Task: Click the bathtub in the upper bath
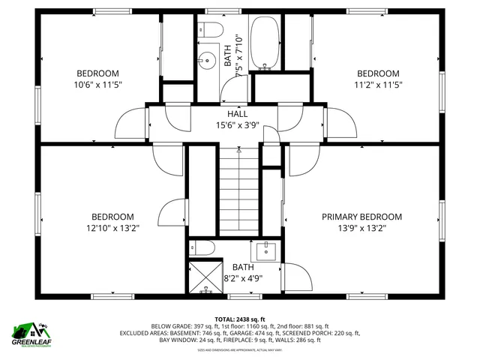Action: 263,43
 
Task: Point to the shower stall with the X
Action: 204,276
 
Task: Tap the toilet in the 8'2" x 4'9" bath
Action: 203,248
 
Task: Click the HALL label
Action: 238,114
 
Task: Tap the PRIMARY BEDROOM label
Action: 361,217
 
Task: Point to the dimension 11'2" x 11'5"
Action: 377,85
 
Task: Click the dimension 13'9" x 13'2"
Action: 361,228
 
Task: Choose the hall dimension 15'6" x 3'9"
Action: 238,125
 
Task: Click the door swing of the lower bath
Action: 294,277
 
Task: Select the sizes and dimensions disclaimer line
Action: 240,350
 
